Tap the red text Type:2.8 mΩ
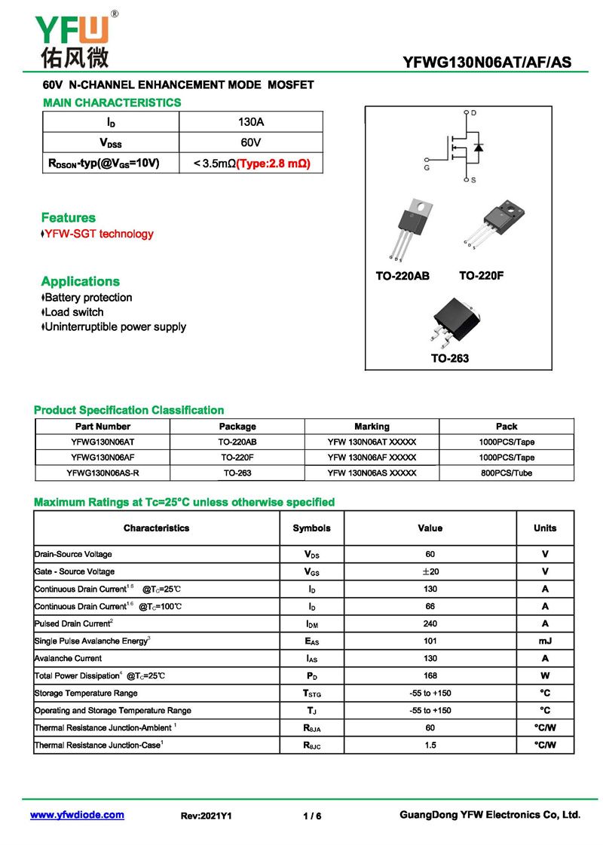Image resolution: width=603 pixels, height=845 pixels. click(274, 163)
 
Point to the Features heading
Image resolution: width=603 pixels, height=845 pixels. click(69, 218)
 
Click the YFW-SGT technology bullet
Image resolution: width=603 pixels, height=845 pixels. click(99, 234)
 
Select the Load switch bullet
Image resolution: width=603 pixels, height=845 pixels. click(74, 312)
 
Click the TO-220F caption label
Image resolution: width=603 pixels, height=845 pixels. click(481, 276)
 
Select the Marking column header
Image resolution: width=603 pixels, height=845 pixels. click(372, 427)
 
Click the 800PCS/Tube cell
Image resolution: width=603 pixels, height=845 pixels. click(507, 473)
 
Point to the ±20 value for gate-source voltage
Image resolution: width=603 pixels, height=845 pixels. click(430, 571)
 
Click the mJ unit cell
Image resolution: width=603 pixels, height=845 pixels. click(545, 641)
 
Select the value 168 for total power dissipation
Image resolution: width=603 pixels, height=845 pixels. click(430, 675)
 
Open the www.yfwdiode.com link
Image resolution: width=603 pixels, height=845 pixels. click(77, 815)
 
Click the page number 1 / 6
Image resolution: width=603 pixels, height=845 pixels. click(312, 816)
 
